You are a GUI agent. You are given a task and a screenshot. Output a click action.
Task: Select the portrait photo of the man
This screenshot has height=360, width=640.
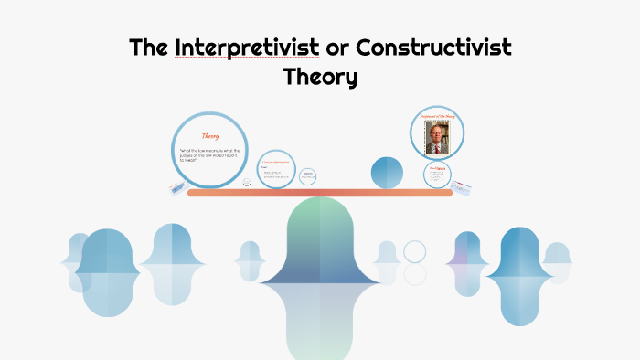click(x=437, y=137)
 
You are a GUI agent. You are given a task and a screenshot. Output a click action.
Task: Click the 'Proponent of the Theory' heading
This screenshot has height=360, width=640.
click(x=437, y=117)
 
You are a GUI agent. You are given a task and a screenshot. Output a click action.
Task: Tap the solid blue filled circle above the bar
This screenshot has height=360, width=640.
click(x=387, y=172)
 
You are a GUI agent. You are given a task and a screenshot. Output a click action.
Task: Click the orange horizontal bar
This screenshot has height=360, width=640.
click(x=320, y=193)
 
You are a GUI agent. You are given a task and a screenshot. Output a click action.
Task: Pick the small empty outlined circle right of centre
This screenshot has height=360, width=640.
click(x=415, y=251)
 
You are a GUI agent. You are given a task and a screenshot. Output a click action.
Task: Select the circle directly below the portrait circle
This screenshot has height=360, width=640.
click(x=438, y=175)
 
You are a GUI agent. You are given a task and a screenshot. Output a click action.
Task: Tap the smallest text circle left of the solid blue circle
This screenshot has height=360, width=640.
click(x=308, y=175)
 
